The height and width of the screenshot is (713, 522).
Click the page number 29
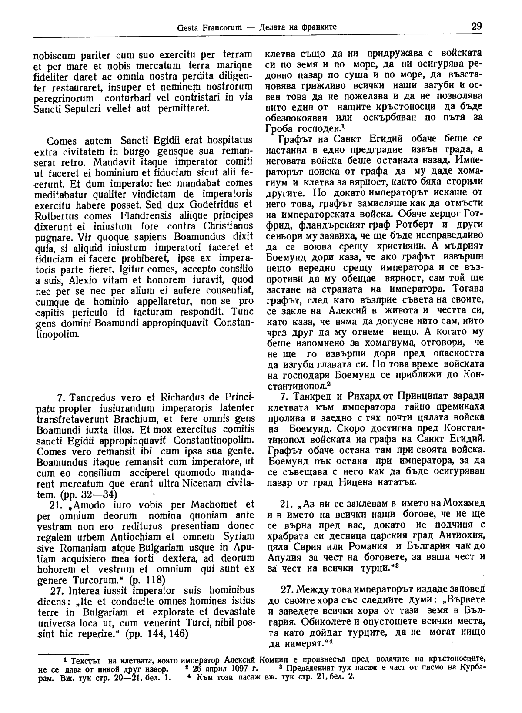(x=476, y=27)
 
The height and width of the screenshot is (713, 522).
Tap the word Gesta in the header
(x=188, y=28)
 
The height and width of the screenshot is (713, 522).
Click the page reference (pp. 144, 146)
(x=156, y=634)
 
